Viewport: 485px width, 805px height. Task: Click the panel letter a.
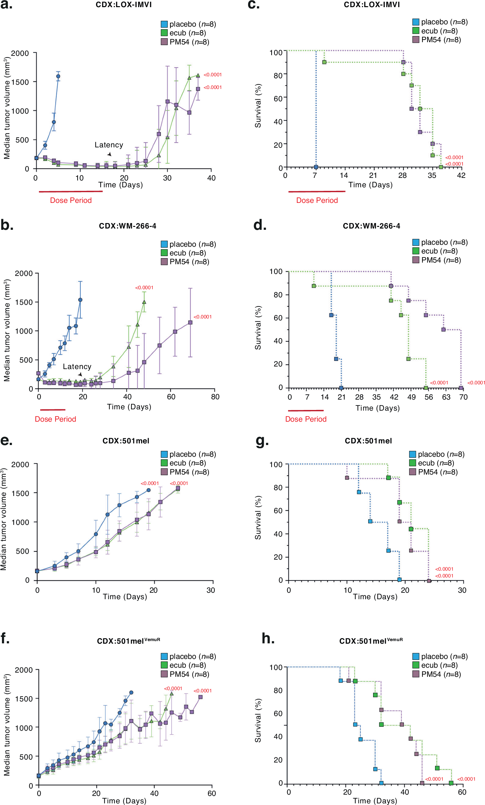tap(6, 5)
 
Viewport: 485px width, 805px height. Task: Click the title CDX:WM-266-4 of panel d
tap(371, 226)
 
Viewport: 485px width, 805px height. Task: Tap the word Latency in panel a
tap(109, 145)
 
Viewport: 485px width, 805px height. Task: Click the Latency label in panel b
tap(77, 366)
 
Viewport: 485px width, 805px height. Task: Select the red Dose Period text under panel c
tap(317, 201)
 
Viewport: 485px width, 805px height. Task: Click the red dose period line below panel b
tap(53, 410)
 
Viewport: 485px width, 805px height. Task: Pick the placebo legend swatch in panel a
tap(164, 24)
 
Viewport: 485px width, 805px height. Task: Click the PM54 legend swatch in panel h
tap(416, 674)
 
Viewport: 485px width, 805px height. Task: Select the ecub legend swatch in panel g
tap(413, 463)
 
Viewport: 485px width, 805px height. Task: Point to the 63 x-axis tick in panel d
tap(446, 397)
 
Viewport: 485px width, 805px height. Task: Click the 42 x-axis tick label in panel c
tap(461, 175)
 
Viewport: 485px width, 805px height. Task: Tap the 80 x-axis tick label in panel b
tap(215, 397)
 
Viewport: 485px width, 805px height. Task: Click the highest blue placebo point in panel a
tap(58, 77)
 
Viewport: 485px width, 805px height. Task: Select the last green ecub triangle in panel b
tap(144, 302)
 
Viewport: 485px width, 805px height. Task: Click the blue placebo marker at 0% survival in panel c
tap(316, 167)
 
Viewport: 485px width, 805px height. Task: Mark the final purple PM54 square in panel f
tap(200, 697)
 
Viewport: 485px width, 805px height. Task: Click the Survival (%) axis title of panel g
tap(258, 517)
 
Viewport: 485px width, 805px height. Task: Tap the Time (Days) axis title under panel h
tap(375, 801)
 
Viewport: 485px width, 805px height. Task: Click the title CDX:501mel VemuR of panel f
tap(128, 641)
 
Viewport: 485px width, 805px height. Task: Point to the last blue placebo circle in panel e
tap(149, 490)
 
